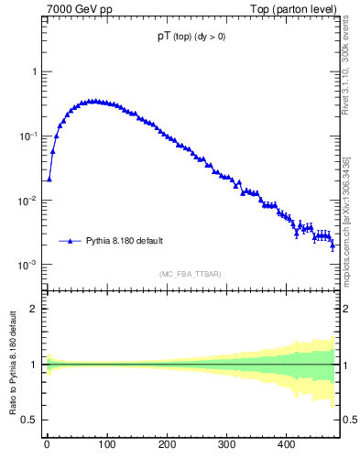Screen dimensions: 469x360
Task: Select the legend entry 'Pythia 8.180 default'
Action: click(x=125, y=242)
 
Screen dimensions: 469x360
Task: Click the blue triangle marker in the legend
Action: click(x=70, y=242)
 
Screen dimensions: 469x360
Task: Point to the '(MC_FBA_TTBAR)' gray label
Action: click(x=191, y=274)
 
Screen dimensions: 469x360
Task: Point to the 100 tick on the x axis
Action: click(x=106, y=446)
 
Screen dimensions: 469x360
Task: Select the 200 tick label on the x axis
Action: click(x=167, y=446)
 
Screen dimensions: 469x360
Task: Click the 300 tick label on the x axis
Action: click(x=226, y=446)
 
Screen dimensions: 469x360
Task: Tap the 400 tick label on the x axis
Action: click(x=287, y=446)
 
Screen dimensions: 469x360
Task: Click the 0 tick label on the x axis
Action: click(x=47, y=446)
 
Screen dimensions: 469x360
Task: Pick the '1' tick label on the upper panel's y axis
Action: click(x=34, y=71)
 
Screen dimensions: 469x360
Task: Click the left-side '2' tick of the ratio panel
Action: click(x=34, y=309)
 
